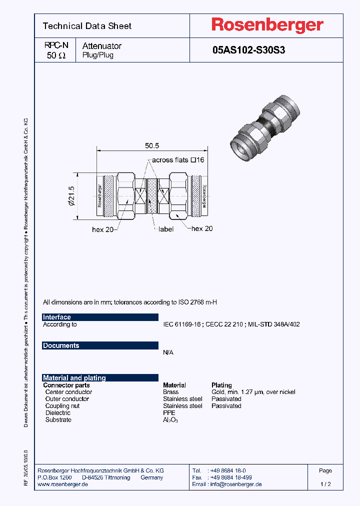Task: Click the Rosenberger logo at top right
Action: tap(267, 25)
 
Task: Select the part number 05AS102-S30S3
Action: tap(248, 50)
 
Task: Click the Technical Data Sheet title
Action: tap(87, 26)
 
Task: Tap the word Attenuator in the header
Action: tap(101, 46)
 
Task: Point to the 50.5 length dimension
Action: tap(152, 145)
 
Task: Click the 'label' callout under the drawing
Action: tap(165, 229)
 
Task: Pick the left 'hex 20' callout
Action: tap(103, 229)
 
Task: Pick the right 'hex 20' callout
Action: tap(202, 228)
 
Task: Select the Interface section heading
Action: tap(57, 317)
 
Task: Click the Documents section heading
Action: tap(61, 345)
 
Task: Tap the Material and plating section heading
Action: tap(74, 378)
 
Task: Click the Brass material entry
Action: tap(170, 392)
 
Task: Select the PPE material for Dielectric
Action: tap(169, 413)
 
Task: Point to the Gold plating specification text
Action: tap(253, 392)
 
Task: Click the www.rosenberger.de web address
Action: tap(63, 484)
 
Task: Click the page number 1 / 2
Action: tap(325, 484)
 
